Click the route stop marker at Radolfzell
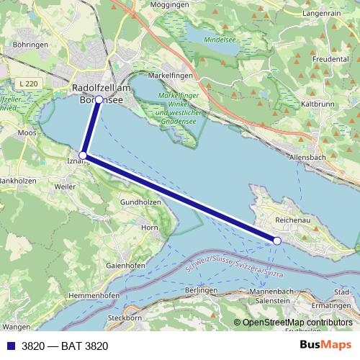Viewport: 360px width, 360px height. [99, 100]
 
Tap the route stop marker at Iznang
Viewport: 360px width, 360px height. [83, 155]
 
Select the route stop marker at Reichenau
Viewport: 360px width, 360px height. [277, 240]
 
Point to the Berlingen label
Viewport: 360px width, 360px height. [201, 289]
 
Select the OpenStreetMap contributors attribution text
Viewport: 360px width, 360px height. [297, 323]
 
